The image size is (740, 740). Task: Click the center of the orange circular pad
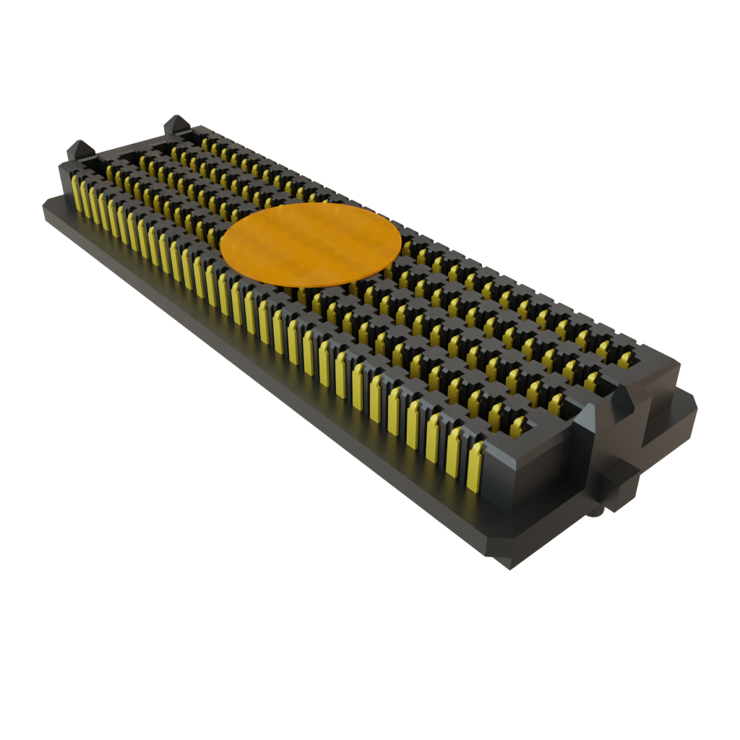tap(310, 244)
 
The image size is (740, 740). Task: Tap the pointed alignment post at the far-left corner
tap(79, 150)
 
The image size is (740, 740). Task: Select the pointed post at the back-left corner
tap(176, 124)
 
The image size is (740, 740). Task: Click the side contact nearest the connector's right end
tap(475, 468)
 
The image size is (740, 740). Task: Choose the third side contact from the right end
tap(433, 443)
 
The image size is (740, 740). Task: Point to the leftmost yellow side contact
tap(77, 196)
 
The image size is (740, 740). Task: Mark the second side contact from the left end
tap(87, 200)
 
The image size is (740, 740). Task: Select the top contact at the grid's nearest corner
tap(517, 426)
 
